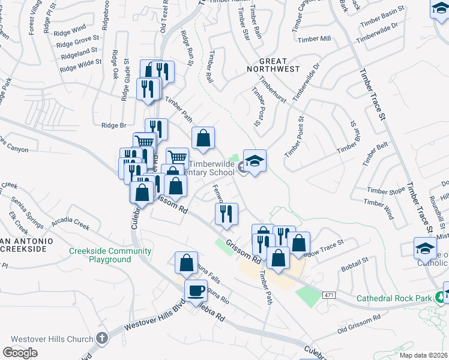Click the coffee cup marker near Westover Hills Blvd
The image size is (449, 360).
pyautogui.click(x=196, y=291)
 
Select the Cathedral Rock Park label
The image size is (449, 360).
pyautogui.click(x=394, y=298)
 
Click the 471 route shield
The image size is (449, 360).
pyautogui.click(x=328, y=295)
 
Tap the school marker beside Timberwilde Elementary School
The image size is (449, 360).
pyautogui.click(x=255, y=161)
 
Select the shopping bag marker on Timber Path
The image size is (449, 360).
pyautogui.click(x=203, y=138)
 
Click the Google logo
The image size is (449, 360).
pyautogui.click(x=20, y=352)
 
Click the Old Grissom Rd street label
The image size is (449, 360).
pyautogui.click(x=360, y=324)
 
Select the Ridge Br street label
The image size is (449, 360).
pyautogui.click(x=114, y=125)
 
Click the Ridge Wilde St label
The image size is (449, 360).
pyautogui.click(x=80, y=65)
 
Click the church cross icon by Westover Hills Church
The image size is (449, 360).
pyautogui.click(x=102, y=338)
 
